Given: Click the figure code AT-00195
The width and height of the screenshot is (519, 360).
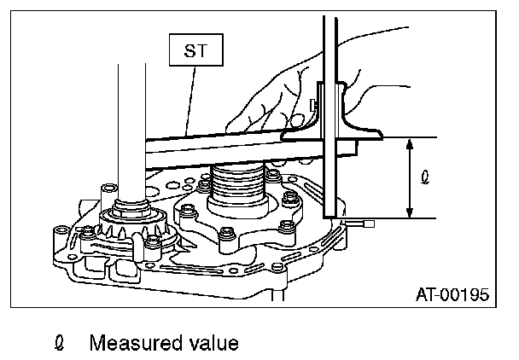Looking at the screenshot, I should tap(452, 295).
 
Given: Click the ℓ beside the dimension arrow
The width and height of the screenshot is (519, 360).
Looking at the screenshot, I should tap(427, 179).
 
